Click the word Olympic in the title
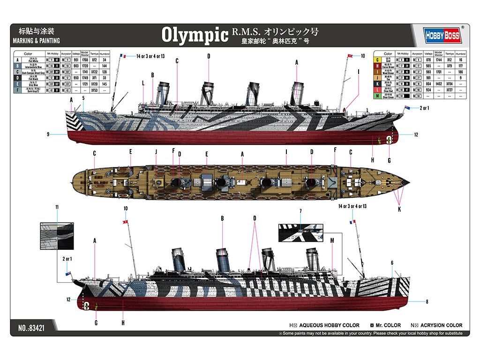195,35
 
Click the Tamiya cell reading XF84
449,83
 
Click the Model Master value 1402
438,83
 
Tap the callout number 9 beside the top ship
48,135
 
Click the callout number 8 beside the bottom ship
427,301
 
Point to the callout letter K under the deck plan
399,210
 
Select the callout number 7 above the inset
300,212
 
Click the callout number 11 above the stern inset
57,207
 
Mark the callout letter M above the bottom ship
332,240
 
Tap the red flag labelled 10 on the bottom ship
125,221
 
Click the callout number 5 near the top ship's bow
83,98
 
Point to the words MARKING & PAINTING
37,41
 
